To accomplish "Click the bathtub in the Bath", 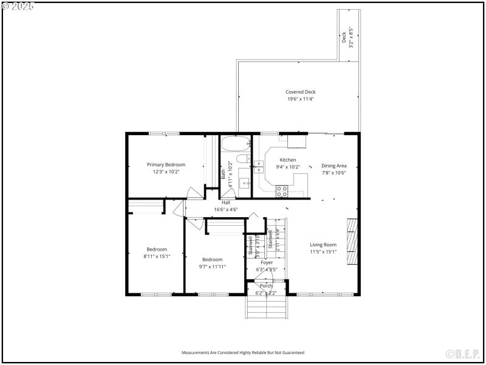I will pos(234,145).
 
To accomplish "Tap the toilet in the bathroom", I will pos(241,160).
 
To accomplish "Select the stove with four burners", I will pos(282,191).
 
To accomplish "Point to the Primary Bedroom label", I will pos(166,164).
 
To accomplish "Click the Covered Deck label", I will pos(300,92).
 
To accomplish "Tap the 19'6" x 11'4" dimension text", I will pos(300,99).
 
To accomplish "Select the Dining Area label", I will pos(334,165).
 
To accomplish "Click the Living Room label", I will pos(323,245).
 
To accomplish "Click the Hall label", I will pos(225,203).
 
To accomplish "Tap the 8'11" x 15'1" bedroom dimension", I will pos(157,256).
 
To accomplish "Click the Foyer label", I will pos(267,262).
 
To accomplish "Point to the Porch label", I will pos(266,285).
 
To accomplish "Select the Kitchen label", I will pos(288,160).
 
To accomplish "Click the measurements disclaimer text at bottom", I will pos(243,352).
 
